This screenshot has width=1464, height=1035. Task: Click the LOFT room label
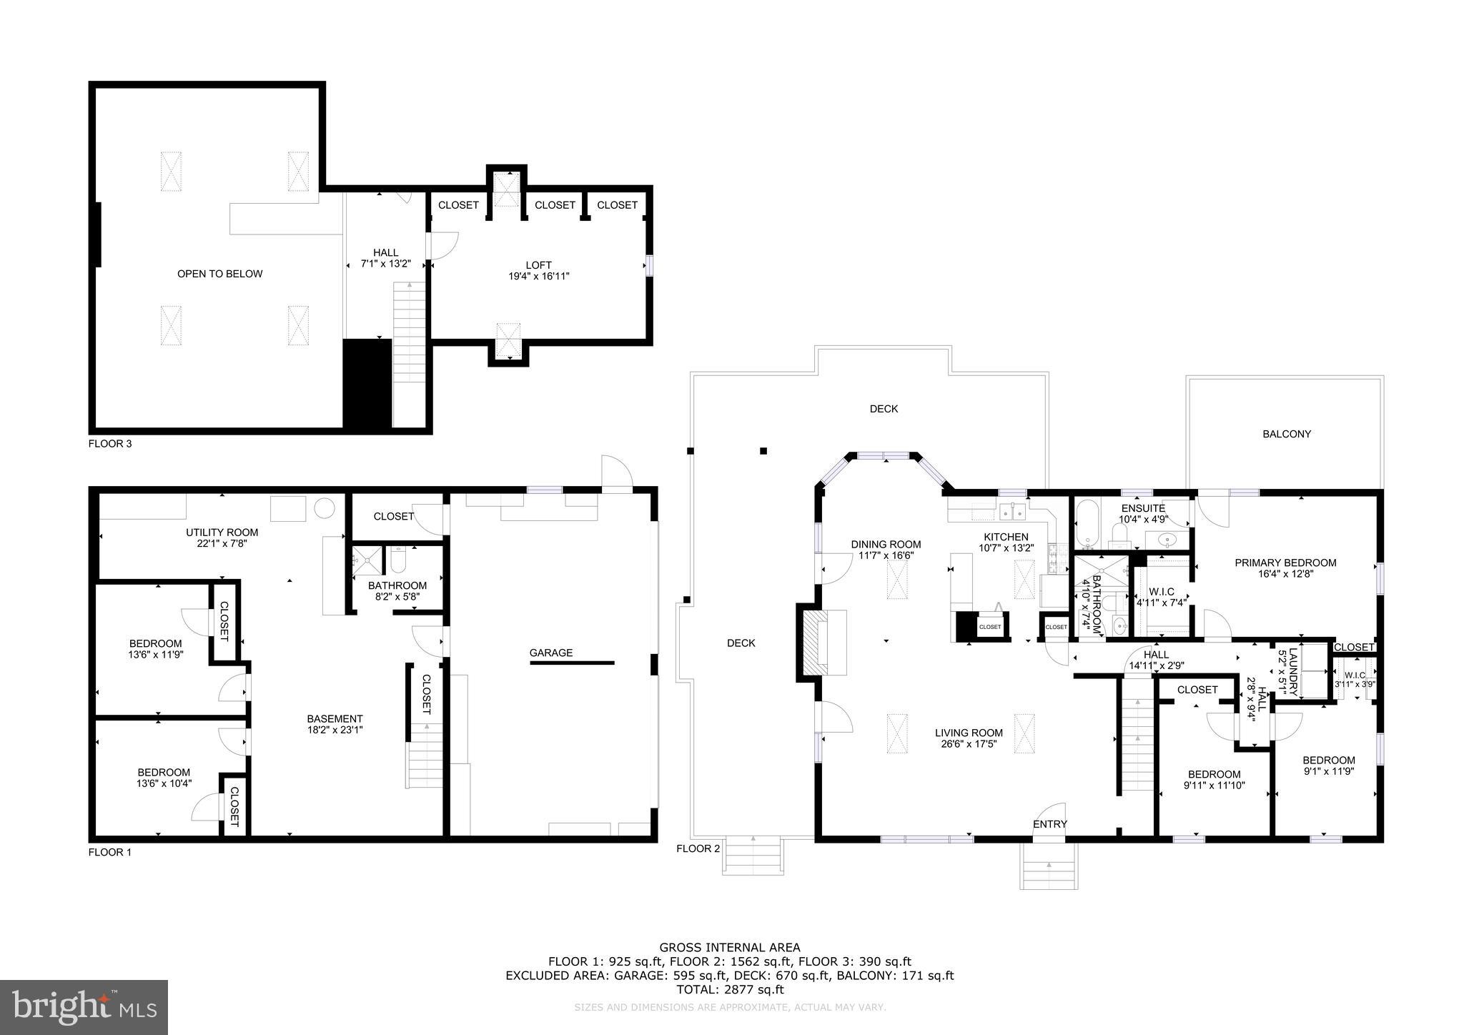point(538,265)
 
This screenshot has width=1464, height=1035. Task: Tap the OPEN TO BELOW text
point(219,274)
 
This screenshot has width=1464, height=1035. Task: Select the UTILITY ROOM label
point(222,533)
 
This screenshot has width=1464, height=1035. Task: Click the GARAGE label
point(550,653)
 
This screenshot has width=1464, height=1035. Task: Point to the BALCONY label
point(1286,434)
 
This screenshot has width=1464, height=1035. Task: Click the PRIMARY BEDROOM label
point(1285,563)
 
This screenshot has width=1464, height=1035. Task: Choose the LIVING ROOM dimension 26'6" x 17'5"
point(969,744)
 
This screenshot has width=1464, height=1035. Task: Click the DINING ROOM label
point(885,545)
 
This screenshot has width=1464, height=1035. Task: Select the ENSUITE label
point(1142,508)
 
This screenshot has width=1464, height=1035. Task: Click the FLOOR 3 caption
point(110,443)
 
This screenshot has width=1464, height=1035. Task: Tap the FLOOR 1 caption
point(110,852)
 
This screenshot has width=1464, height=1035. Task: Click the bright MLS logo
point(84,1007)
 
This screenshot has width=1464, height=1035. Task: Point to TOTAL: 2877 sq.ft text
point(729,989)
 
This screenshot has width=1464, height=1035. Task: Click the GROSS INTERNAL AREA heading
point(729,948)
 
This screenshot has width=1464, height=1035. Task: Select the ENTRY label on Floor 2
point(1049,824)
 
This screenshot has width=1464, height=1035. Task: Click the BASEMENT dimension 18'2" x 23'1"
point(335,730)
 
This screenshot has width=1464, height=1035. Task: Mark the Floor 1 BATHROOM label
point(397,585)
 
